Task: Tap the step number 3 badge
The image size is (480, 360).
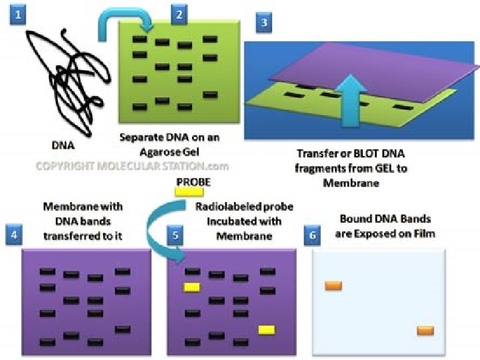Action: click(264, 24)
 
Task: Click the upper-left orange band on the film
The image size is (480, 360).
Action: click(333, 286)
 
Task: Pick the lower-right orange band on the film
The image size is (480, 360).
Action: click(425, 330)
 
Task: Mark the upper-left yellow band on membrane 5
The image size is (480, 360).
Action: click(191, 287)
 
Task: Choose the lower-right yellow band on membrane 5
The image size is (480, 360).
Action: click(267, 329)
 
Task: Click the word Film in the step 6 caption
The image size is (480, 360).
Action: click(421, 233)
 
